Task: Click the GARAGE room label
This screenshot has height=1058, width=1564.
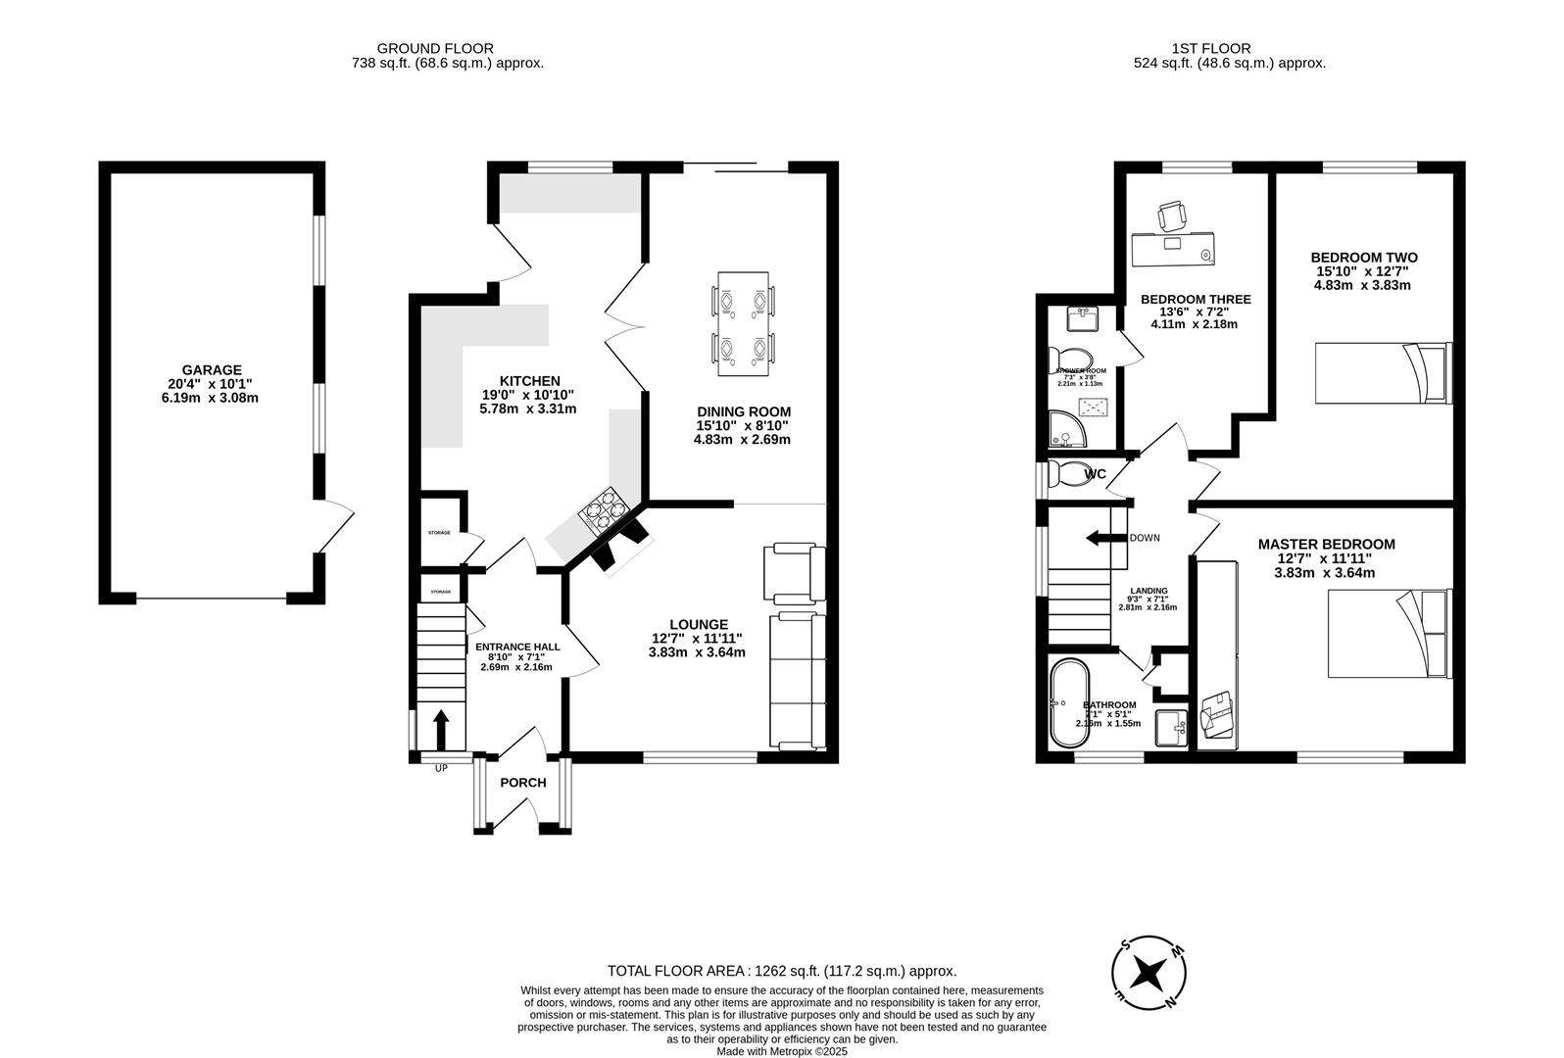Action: (211, 370)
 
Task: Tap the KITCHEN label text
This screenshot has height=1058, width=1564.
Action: (529, 381)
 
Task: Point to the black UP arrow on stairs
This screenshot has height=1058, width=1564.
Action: (440, 729)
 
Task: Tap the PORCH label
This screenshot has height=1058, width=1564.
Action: (522, 783)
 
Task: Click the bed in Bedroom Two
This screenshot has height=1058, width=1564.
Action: (1381, 373)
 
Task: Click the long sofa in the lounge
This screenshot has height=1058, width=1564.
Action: (797, 680)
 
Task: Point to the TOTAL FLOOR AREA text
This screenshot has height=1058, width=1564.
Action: (781, 971)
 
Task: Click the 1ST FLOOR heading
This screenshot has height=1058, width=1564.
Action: (1211, 48)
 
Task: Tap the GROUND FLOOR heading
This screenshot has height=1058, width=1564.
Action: (435, 48)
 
